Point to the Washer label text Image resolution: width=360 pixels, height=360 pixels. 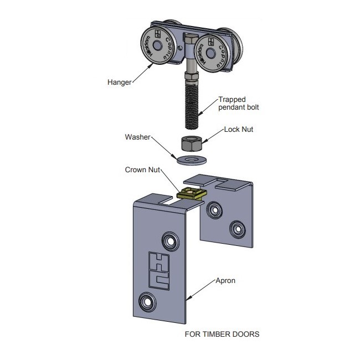(x=137, y=136)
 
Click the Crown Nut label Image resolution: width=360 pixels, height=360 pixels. (x=141, y=171)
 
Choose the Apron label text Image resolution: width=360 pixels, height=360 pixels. (x=225, y=281)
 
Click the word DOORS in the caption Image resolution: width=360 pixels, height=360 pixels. (x=245, y=335)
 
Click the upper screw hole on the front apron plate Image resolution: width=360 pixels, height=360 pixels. (x=168, y=240)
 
